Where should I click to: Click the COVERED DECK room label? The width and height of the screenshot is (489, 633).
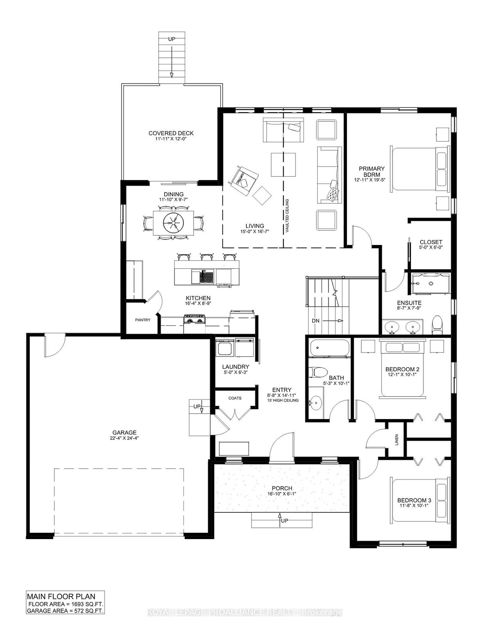tap(171, 133)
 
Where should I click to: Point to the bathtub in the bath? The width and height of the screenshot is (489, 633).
tap(329, 347)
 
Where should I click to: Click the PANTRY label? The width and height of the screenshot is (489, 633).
tap(143, 320)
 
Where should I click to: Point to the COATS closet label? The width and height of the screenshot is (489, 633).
tap(235, 398)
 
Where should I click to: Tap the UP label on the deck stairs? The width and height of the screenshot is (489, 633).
tap(172, 39)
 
